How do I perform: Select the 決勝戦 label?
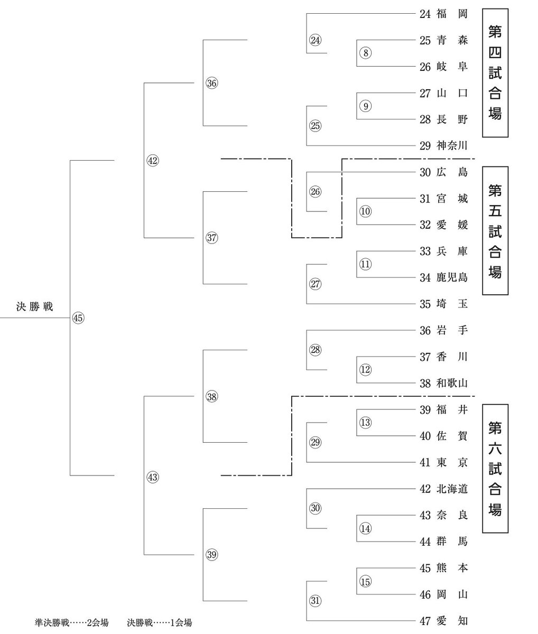click(x=34, y=307)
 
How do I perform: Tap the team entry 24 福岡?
click(x=443, y=14)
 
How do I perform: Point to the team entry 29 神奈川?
click(x=443, y=146)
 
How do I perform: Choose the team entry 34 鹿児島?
click(x=443, y=277)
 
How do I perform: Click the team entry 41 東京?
click(x=443, y=463)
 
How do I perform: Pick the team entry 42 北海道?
click(x=443, y=489)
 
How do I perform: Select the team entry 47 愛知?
click(x=443, y=621)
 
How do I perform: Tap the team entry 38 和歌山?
click(x=443, y=384)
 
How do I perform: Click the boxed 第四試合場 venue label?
click(x=495, y=72)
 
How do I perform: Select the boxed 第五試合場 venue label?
click(x=495, y=231)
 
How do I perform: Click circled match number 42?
click(x=153, y=161)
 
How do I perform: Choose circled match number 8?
click(x=366, y=52)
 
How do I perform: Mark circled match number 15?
click(x=366, y=581)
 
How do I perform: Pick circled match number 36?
click(x=212, y=83)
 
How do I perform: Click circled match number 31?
click(x=315, y=600)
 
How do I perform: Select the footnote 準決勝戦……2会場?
click(x=71, y=623)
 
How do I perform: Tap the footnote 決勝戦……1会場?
click(x=159, y=623)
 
